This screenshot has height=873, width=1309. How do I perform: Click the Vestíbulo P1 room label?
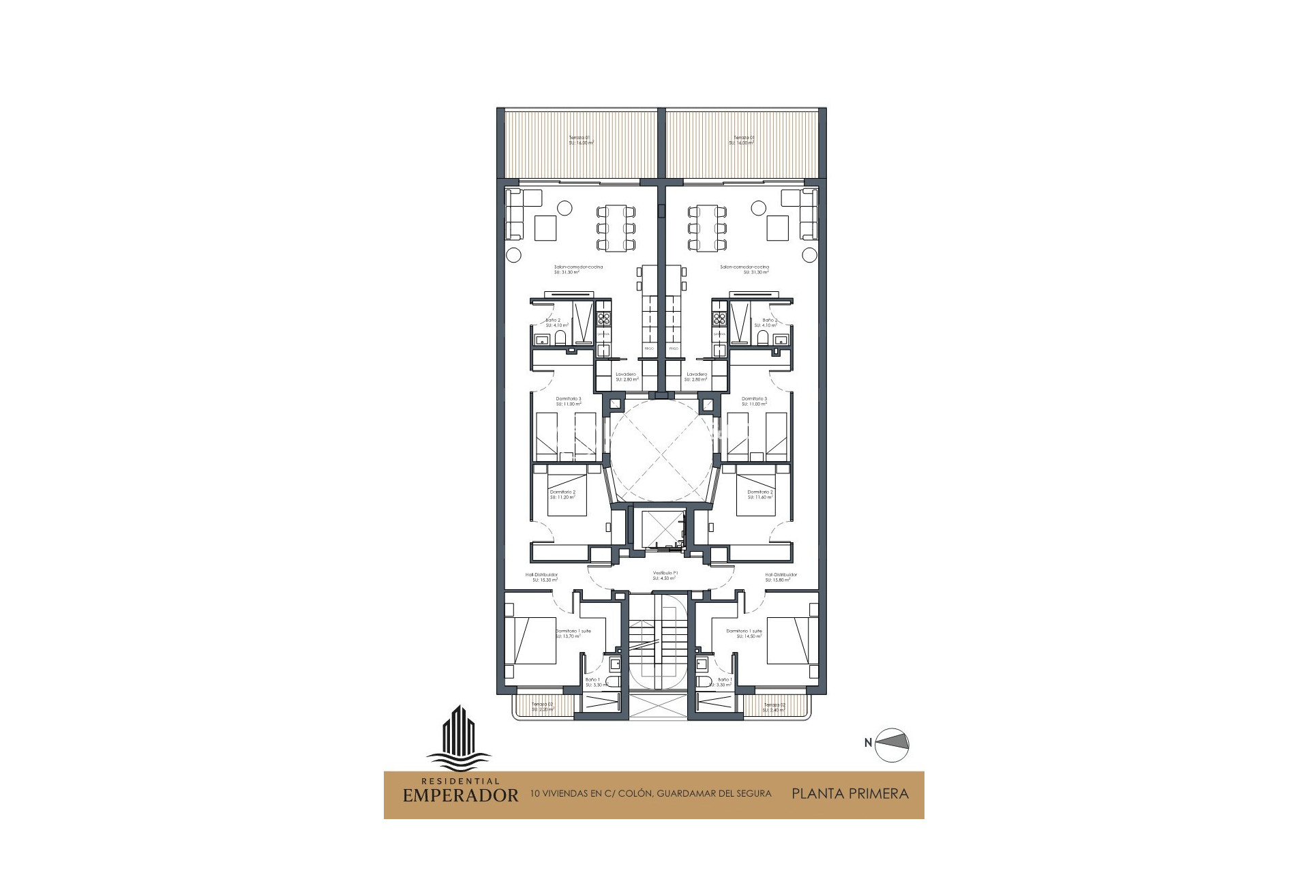(665, 576)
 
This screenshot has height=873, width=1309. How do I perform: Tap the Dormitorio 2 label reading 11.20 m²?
(563, 494)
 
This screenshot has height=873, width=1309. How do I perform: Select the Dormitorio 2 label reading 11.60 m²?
(760, 494)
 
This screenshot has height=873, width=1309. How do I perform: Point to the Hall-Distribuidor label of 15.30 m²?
(541, 578)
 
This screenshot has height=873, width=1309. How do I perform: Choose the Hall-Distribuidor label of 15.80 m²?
(778, 578)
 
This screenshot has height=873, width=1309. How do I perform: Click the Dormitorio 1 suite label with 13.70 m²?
(573, 634)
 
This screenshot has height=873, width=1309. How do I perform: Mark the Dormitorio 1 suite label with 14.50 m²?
(744, 634)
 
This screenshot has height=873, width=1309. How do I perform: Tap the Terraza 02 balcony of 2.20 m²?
(543, 707)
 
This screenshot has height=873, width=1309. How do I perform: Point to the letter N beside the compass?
(868, 743)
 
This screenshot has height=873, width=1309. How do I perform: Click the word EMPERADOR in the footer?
(460, 795)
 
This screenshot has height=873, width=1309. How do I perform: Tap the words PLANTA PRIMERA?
(849, 794)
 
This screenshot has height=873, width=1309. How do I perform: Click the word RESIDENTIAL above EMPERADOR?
(460, 782)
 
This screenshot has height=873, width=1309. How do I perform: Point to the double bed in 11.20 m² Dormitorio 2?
(567, 490)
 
